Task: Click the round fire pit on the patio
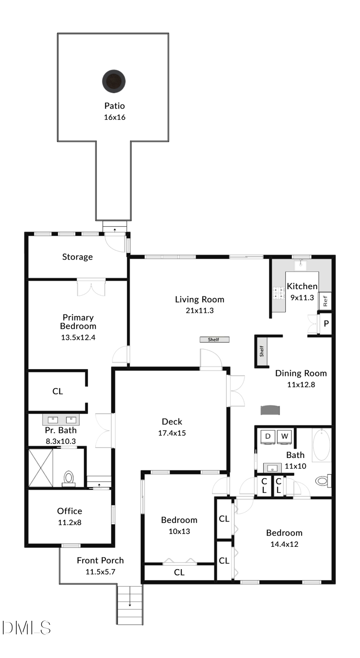pos(114,81)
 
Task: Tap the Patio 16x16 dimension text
pos(114,117)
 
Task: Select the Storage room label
pos(77,257)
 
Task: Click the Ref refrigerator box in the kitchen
pos(325,301)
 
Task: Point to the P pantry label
pos(326,324)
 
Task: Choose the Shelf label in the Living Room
pos(214,340)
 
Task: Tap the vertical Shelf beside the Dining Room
pos(262,351)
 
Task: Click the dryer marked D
pos(268,436)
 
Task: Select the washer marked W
pos(284,436)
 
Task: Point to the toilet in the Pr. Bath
pos(69,478)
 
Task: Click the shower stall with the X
pos(40,468)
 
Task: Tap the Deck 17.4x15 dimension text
pos(172,433)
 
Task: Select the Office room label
pos(70,511)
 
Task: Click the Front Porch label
pos(100,560)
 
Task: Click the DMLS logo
pos(26,628)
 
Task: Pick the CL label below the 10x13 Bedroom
pos(179,572)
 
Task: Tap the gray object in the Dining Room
pos(270,410)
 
